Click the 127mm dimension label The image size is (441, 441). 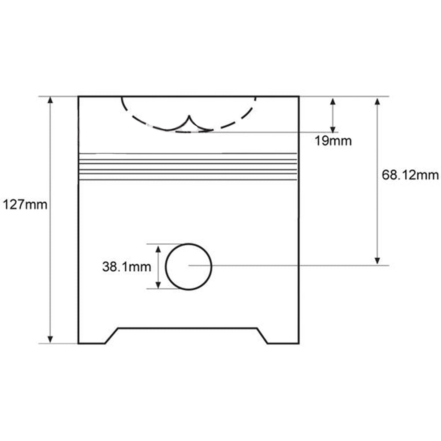[25, 205]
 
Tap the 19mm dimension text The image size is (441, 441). [333, 141]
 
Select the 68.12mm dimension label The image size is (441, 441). [410, 175]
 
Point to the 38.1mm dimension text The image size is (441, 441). [127, 267]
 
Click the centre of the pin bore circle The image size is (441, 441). [188, 266]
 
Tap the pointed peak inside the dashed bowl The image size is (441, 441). [189, 116]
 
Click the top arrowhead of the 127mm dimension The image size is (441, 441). [50, 100]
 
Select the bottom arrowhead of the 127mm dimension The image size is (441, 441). [50, 340]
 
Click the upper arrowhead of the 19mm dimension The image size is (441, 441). [333, 102]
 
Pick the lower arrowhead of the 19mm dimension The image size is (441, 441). [333, 128]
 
